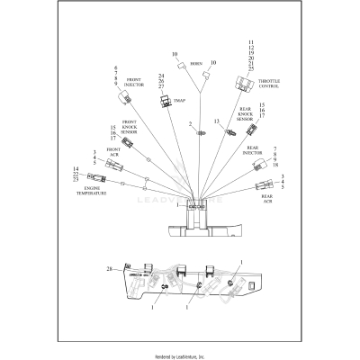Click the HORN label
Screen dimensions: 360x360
tap(195, 65)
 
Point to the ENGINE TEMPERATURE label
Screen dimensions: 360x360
tap(91, 191)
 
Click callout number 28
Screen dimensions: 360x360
tap(108, 269)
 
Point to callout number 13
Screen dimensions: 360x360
tap(216, 121)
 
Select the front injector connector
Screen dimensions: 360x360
tap(127, 98)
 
